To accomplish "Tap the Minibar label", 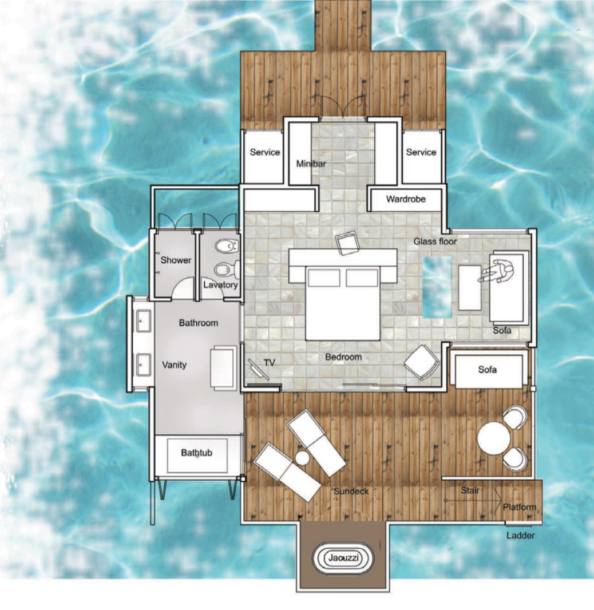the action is [x=311, y=164].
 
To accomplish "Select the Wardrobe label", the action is [x=406, y=199].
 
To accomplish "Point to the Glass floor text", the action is [x=435, y=241].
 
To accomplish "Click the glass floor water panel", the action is [x=437, y=287].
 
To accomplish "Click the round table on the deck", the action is [x=494, y=438].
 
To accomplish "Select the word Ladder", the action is [x=521, y=536].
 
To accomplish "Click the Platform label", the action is [x=519, y=508].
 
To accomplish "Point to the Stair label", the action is [x=470, y=490].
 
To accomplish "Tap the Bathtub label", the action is [x=196, y=453].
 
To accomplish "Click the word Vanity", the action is [x=175, y=365].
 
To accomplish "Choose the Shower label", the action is [x=176, y=260].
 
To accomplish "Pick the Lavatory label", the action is [x=220, y=285].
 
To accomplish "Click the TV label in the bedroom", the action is [x=270, y=363].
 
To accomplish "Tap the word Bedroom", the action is [x=343, y=357].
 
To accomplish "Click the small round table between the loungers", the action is [x=302, y=458].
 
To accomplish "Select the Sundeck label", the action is [x=351, y=492].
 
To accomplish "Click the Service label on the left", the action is [x=265, y=152].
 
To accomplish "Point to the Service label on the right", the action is [x=421, y=152].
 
